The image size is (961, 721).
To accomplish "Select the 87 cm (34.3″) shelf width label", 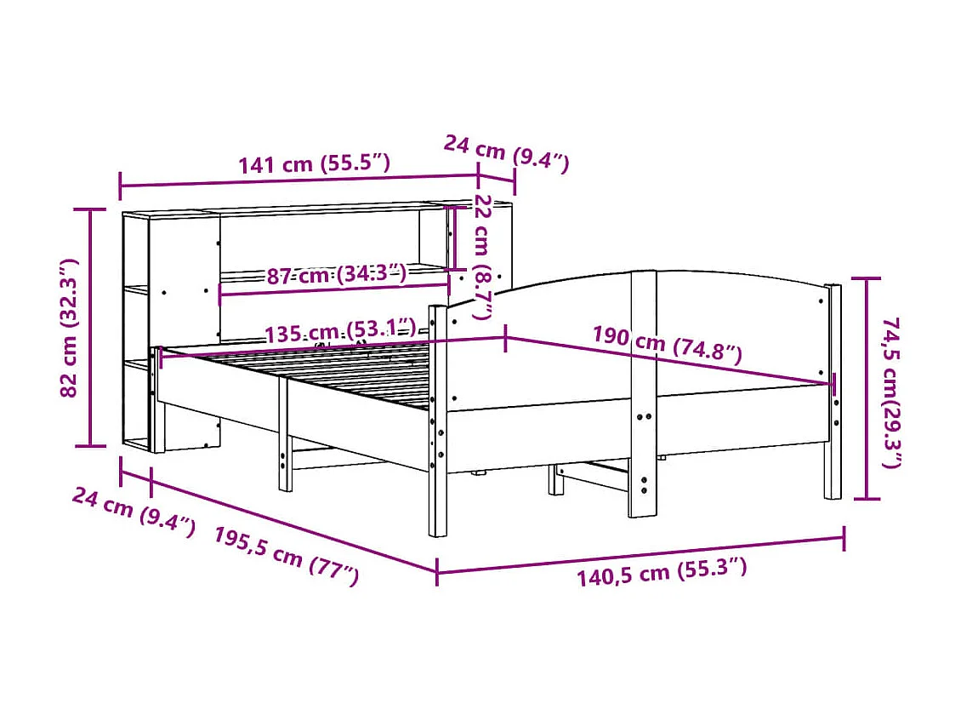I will tap(336, 274).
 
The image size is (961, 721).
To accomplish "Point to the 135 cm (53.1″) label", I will tap(340, 331).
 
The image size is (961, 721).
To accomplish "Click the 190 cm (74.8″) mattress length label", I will tap(668, 344).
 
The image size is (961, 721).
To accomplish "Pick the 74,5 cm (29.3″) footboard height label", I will tap(891, 392).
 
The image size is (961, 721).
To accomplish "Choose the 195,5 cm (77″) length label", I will tap(286, 554).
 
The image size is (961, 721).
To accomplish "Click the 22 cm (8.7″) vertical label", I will tap(483, 255).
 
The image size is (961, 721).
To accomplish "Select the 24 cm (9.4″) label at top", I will tap(506, 152).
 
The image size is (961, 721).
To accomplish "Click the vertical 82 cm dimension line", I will tap(91, 328).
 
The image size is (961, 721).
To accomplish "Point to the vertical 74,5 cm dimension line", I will tap(867, 388).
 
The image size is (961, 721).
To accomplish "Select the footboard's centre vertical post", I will tap(643, 392).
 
